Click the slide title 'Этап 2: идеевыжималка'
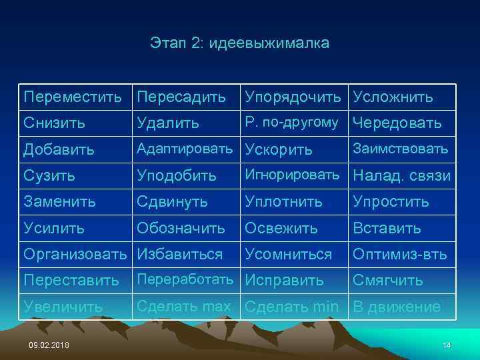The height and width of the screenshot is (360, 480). [239, 44]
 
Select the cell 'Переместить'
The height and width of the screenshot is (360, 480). [73, 97]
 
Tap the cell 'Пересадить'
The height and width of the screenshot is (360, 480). [181, 97]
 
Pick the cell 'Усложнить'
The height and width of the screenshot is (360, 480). [393, 97]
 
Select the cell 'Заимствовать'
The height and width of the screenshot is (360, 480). [400, 149]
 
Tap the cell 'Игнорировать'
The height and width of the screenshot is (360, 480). [292, 175]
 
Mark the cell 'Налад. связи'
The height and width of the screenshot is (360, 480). [401, 175]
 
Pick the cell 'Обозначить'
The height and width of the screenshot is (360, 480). [181, 228]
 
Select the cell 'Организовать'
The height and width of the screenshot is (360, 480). [75, 254]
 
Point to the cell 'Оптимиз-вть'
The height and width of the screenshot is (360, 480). [399, 254]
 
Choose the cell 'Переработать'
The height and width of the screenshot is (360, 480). [187, 280]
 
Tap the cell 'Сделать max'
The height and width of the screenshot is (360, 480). [183, 307]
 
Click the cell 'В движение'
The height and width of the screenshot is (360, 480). [396, 307]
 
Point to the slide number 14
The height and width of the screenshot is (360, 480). [447, 344]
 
